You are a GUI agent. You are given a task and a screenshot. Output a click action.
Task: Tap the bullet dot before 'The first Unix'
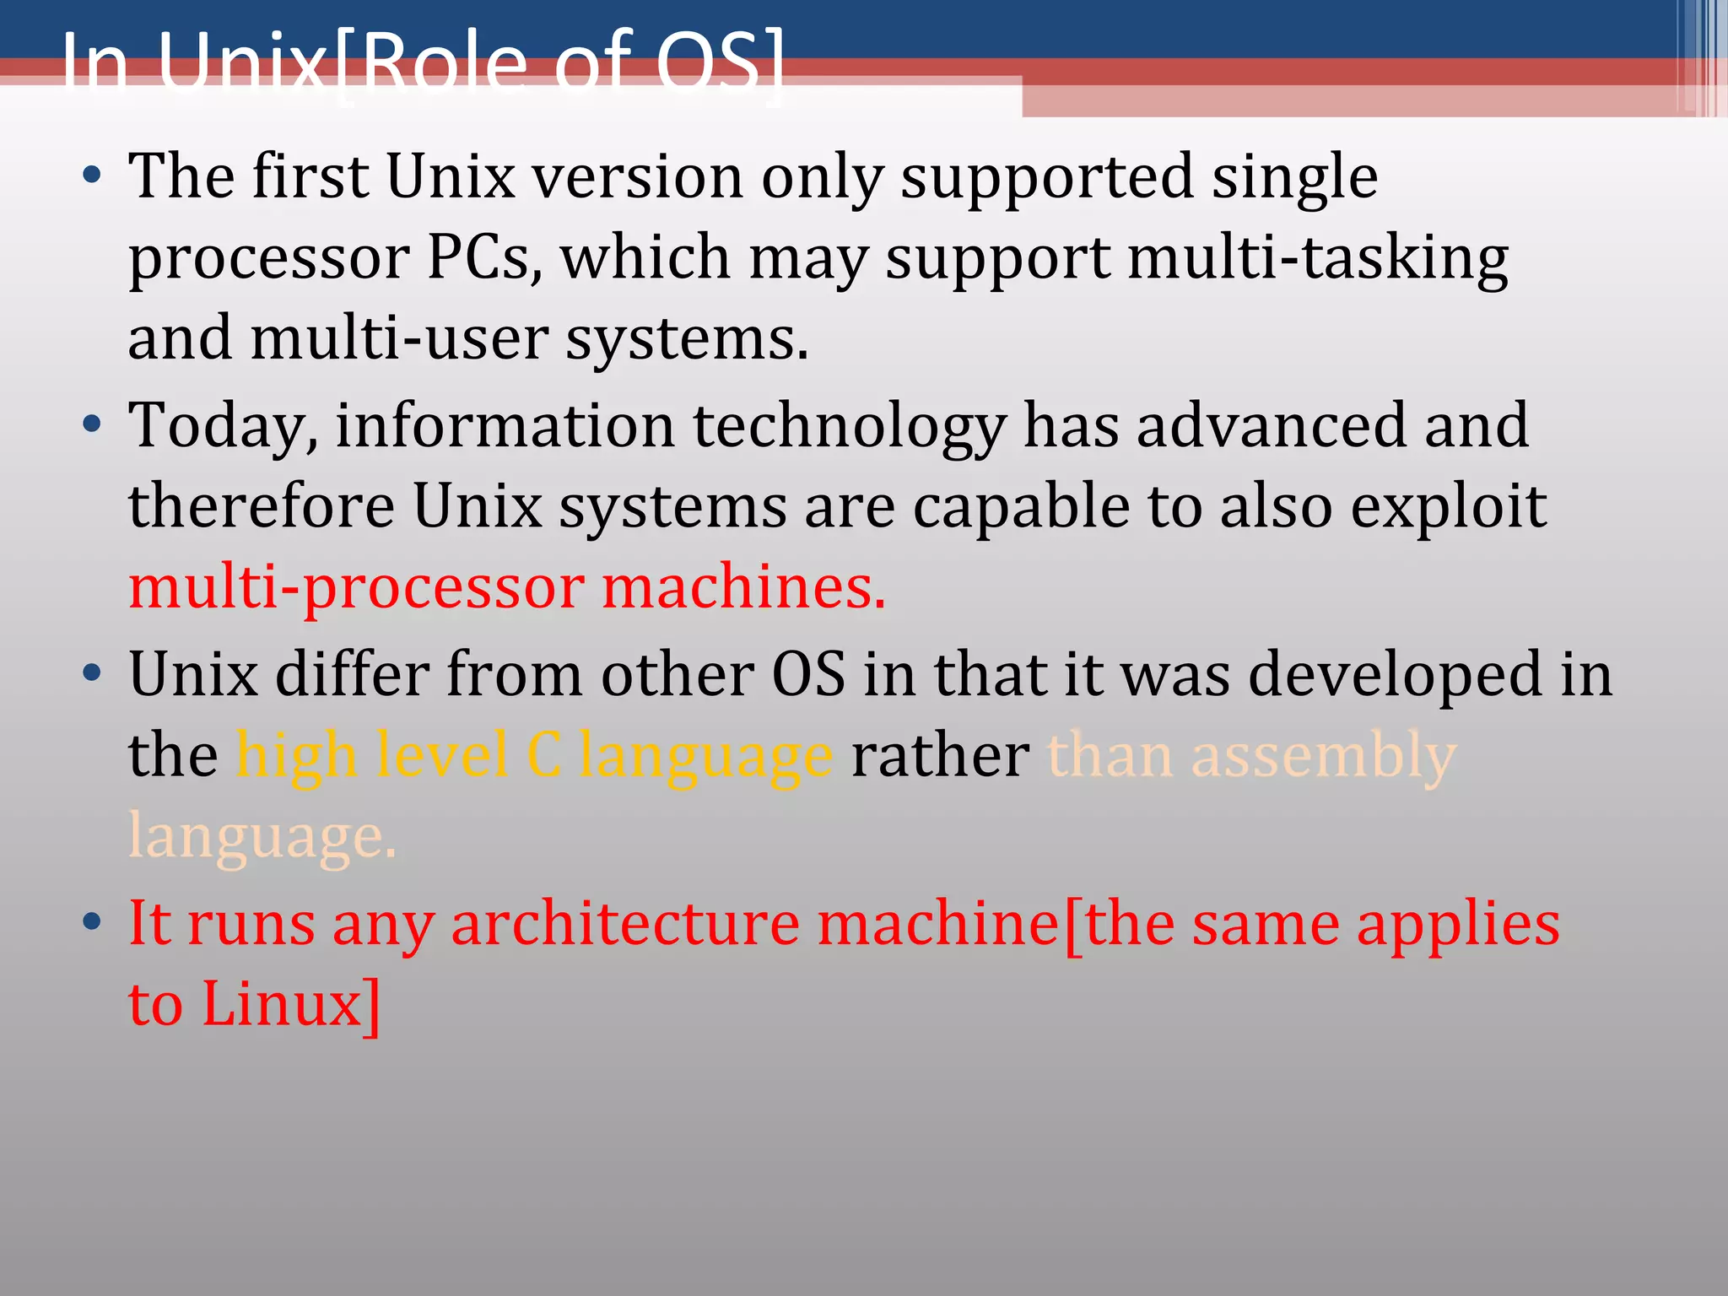click(x=92, y=176)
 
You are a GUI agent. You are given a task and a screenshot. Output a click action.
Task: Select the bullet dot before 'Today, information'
click(x=92, y=424)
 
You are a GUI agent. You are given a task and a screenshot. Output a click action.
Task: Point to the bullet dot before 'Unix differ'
click(x=92, y=673)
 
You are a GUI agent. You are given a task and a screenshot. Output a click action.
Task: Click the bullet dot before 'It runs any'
click(x=92, y=921)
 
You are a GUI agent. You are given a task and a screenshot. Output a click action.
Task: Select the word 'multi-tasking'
click(x=1318, y=258)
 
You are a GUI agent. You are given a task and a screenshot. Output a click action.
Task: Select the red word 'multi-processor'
click(x=356, y=588)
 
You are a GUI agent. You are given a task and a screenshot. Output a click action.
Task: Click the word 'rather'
click(x=940, y=754)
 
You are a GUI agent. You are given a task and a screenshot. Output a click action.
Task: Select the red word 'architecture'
click(x=625, y=923)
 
